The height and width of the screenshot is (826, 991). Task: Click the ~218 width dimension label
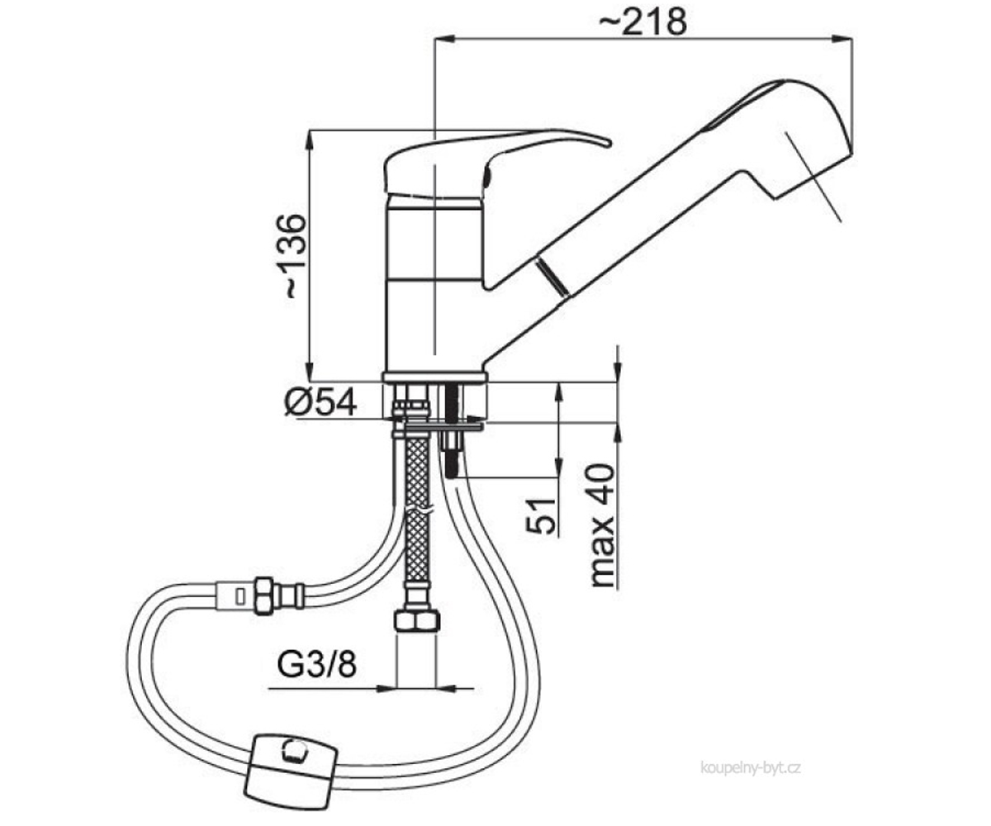[642, 21]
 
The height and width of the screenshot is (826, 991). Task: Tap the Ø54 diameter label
[320, 402]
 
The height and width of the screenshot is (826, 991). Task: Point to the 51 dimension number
[540, 516]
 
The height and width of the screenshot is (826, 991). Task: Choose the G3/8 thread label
[316, 665]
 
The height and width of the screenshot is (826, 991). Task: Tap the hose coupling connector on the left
[259, 596]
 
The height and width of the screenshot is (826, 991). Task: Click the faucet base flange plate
[435, 377]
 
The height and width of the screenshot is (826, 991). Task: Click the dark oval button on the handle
[487, 178]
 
